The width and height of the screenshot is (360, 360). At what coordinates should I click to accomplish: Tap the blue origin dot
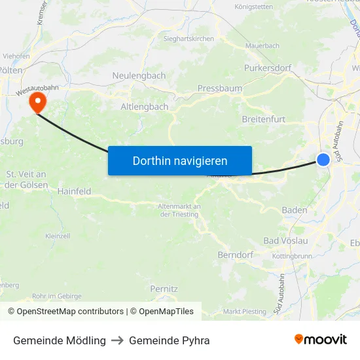323,159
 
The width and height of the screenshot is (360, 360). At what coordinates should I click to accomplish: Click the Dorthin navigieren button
180,160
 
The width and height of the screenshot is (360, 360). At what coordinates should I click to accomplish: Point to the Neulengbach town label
139,75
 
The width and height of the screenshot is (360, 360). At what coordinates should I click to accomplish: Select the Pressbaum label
220,88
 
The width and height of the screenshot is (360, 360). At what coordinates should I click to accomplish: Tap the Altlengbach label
145,106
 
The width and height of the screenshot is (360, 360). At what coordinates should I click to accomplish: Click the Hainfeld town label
74,191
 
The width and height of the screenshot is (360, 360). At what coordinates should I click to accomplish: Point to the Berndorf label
236,254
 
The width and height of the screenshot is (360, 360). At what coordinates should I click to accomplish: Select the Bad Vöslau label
285,241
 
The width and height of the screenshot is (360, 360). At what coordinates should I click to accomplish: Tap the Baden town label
294,210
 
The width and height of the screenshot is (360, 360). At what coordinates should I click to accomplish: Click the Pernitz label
164,288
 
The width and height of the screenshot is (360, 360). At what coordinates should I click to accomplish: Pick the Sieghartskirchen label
189,39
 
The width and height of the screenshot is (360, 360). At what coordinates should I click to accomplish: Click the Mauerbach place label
262,46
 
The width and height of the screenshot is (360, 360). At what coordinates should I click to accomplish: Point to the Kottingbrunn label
292,256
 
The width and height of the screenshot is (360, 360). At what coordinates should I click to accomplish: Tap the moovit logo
321,340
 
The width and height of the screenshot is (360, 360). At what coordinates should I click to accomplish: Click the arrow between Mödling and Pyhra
117,340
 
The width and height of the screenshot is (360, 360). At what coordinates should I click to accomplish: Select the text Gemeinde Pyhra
169,340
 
